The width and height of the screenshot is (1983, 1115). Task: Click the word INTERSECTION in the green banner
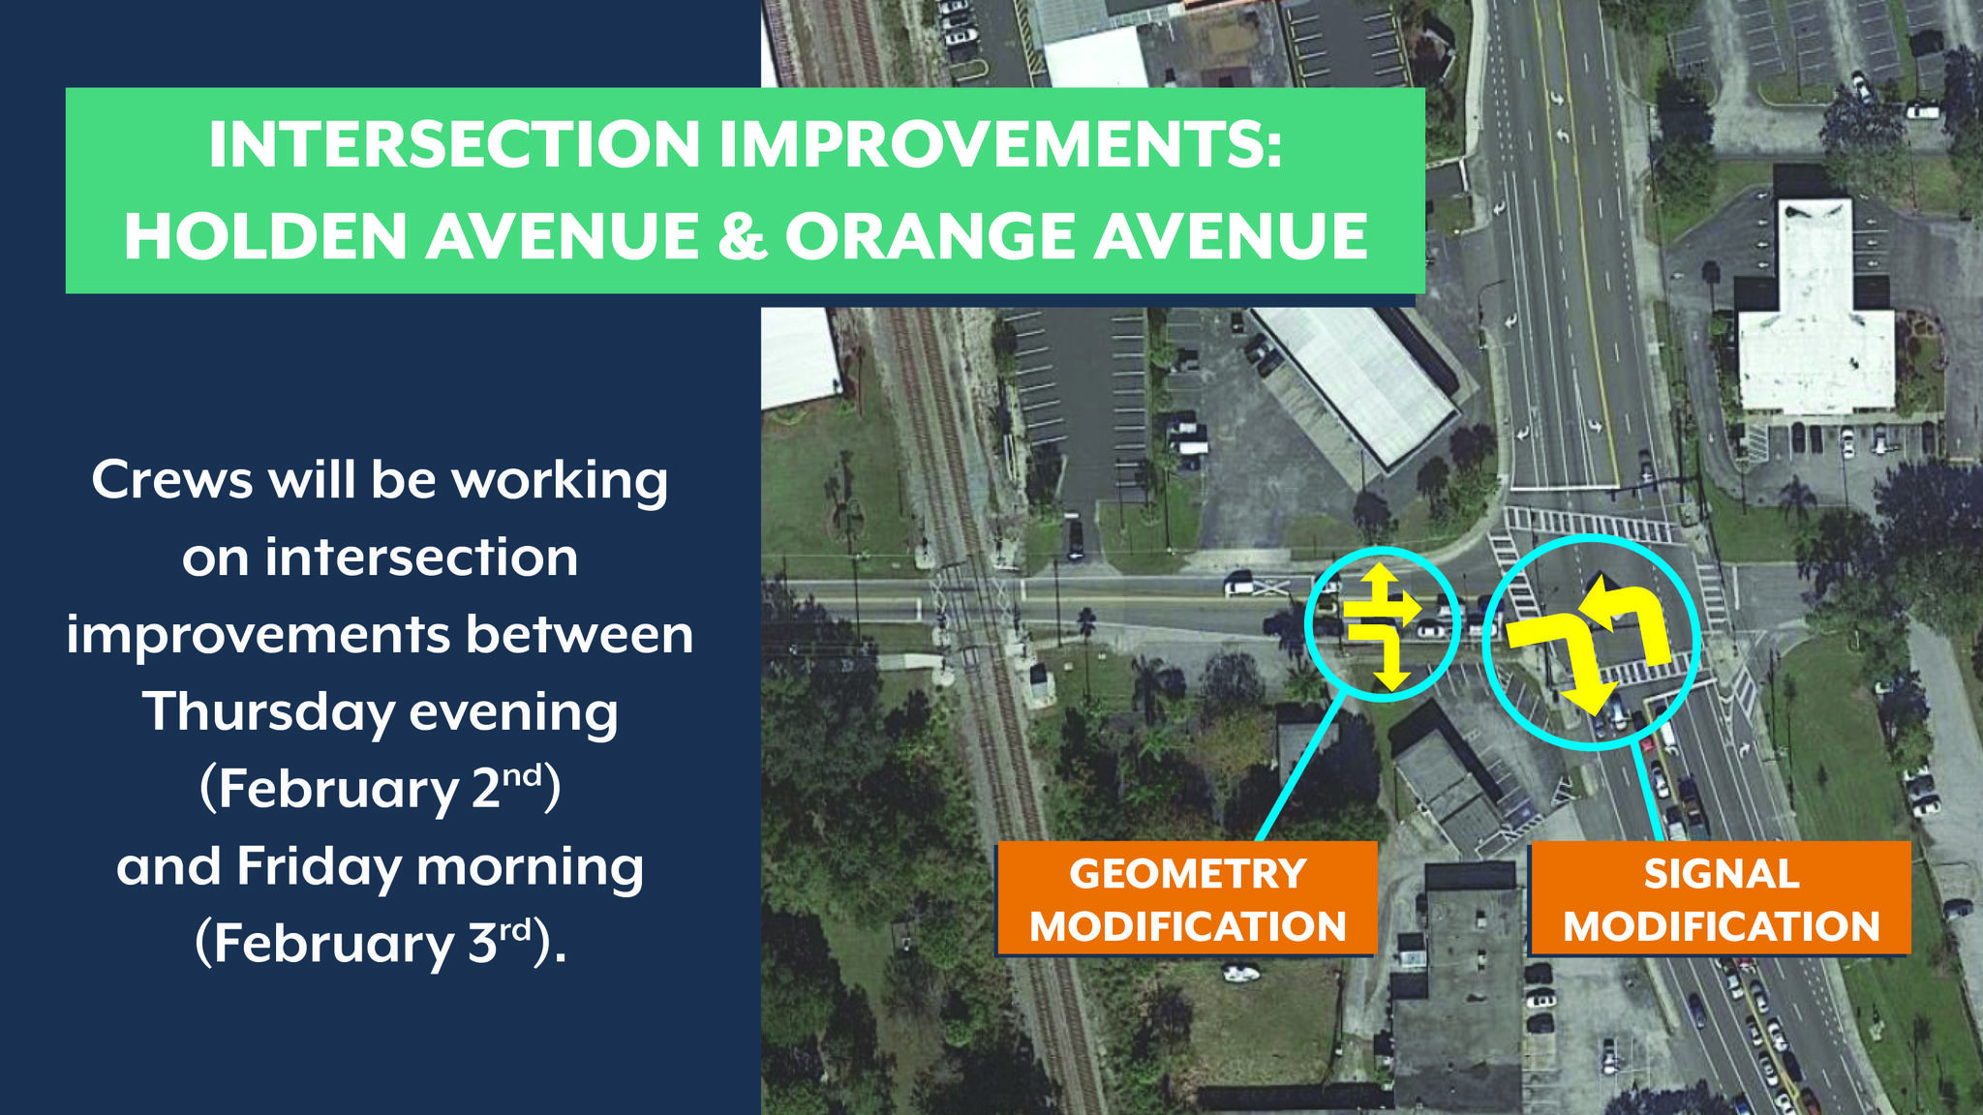(x=454, y=144)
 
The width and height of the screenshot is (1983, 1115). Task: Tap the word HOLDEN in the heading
(x=265, y=236)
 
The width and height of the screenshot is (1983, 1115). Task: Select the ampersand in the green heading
(x=743, y=237)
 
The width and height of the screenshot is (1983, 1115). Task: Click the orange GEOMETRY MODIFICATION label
(x=1187, y=899)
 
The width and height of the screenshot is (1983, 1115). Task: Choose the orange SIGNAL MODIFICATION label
(x=1721, y=899)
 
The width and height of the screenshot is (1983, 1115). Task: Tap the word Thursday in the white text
(x=269, y=713)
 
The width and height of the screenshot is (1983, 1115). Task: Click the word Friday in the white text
(x=319, y=867)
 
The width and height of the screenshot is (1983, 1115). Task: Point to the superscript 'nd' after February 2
(x=523, y=774)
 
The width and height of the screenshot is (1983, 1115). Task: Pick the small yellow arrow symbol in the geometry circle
(x=1382, y=628)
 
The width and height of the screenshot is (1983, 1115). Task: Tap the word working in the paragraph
(x=561, y=481)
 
